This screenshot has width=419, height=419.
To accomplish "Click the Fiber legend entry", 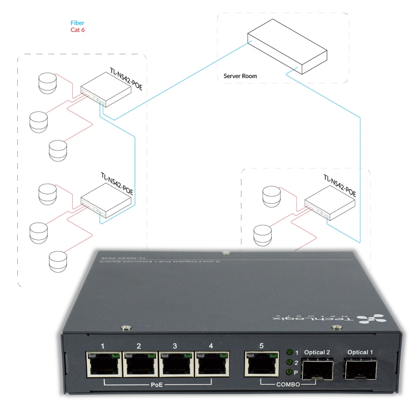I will [x=77, y=23].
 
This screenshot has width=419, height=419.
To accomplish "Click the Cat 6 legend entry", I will [x=78, y=30].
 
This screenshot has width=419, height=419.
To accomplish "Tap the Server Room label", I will [x=240, y=76].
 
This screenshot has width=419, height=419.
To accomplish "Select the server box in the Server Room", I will [x=287, y=47].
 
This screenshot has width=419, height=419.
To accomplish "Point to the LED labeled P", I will [x=289, y=372].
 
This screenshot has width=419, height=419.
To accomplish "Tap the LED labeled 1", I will [x=289, y=352].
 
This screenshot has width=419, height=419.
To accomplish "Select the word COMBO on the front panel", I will [x=288, y=385].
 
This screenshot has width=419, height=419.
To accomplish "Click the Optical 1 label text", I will [x=360, y=352].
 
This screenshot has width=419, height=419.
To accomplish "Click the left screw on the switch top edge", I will [x=125, y=328].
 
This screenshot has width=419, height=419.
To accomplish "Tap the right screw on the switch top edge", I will [x=336, y=328].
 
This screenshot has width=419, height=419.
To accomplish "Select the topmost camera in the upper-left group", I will [x=47, y=82].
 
